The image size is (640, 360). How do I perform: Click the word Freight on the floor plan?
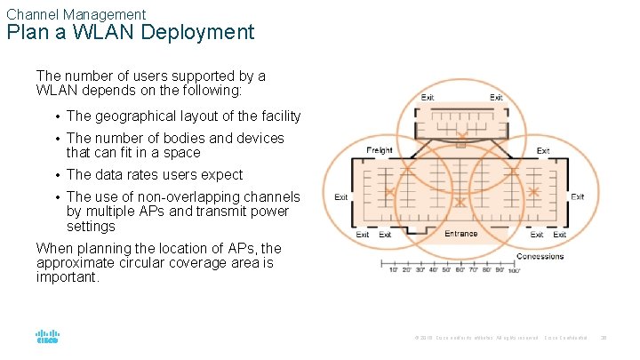380,150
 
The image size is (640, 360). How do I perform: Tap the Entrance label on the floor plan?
460,234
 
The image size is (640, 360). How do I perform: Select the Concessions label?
540,256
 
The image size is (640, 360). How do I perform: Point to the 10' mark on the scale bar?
393,269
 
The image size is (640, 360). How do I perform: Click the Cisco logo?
47,338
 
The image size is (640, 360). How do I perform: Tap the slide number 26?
604,338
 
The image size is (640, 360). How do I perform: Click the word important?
68,276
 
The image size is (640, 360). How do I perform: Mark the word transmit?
210,212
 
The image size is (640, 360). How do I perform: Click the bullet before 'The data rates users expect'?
58,175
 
